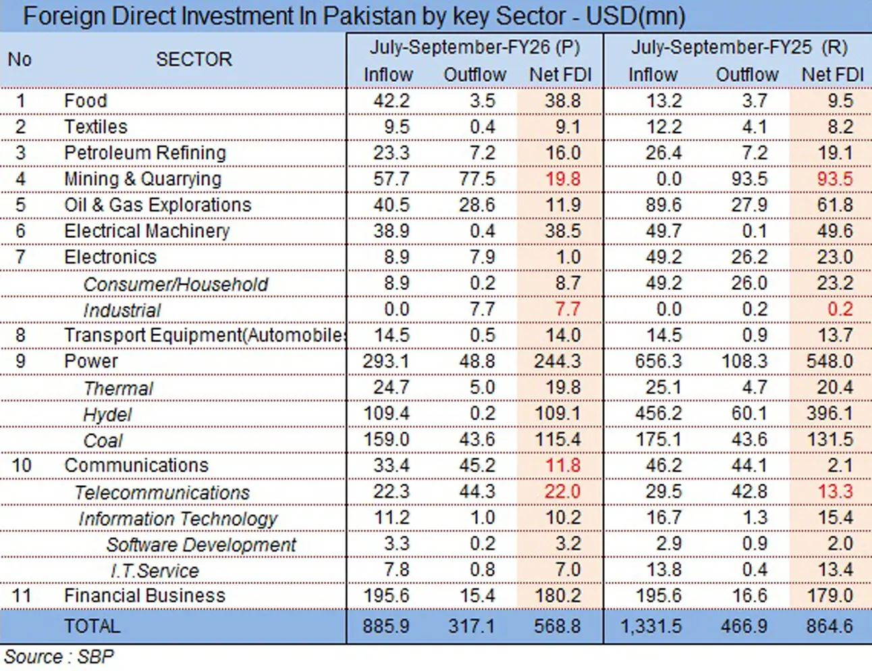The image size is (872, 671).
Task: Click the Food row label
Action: pos(86,101)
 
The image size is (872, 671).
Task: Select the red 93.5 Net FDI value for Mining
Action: pos(835,179)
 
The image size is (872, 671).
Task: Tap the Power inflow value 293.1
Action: pos(386,362)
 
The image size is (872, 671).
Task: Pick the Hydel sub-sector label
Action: pos(107,415)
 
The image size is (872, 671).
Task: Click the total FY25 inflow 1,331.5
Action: pos(651,626)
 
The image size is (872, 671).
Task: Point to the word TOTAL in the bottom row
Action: pos(92,626)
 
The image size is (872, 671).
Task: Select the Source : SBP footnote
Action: pos(59,657)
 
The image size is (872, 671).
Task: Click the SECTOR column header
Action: pos(194,59)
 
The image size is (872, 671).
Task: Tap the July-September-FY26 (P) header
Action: pos(474,47)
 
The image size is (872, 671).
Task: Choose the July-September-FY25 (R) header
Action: pos(739,47)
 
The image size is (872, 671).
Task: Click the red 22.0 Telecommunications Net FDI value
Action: pos(562,491)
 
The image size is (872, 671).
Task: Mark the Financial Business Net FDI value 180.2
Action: pos(557,595)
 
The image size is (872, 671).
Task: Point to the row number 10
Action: pos(22,466)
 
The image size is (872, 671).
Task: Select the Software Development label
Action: pos(201,545)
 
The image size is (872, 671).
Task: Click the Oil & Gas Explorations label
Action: pos(158,205)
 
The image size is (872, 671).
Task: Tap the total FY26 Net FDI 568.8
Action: pos(557,626)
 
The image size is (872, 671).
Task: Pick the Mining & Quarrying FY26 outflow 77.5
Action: pos(477,179)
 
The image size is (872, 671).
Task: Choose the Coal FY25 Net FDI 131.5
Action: pos(830,439)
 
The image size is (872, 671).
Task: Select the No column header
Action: pos(20,59)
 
